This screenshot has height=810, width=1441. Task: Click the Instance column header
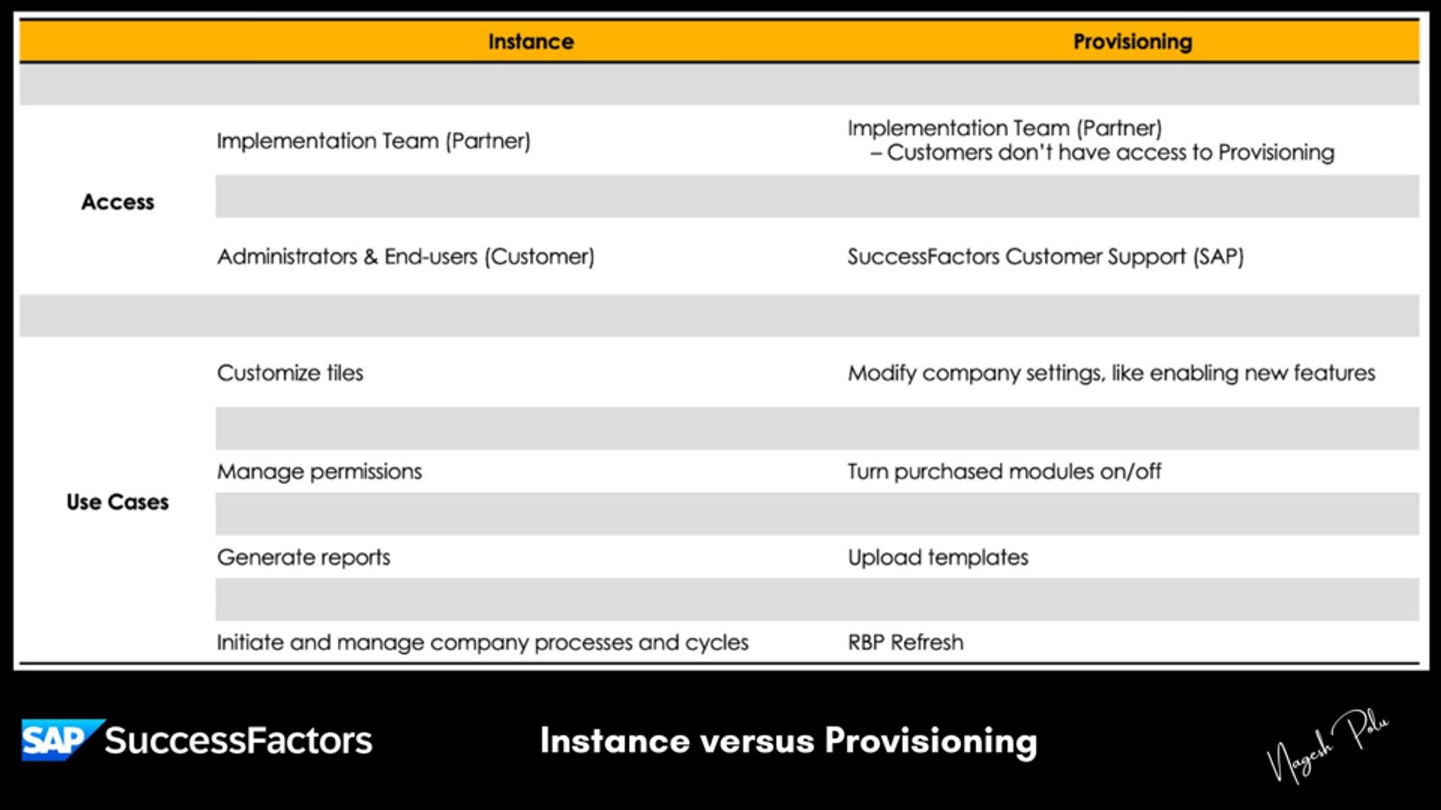tap(531, 41)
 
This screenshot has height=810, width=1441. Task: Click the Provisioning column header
tap(1132, 41)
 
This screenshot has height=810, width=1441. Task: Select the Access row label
tap(118, 202)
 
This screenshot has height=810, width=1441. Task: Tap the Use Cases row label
tap(118, 502)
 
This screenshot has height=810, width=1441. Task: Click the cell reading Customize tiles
tap(290, 373)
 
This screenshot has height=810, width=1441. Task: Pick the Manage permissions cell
tap(319, 471)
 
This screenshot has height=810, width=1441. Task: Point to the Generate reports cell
tap(303, 558)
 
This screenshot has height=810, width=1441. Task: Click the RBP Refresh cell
tap(906, 642)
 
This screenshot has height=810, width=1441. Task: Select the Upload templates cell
tap(938, 558)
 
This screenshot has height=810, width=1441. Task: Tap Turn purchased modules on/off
tap(1004, 471)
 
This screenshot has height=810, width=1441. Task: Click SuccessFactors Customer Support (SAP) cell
tap(1046, 257)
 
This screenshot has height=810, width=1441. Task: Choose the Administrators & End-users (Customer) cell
tap(405, 257)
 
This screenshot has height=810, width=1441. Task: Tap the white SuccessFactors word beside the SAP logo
tap(238, 740)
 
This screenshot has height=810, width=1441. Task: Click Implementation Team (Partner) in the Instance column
tap(373, 141)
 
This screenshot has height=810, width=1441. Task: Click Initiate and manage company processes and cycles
tap(482, 642)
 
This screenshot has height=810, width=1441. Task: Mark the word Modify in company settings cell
tap(882, 373)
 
